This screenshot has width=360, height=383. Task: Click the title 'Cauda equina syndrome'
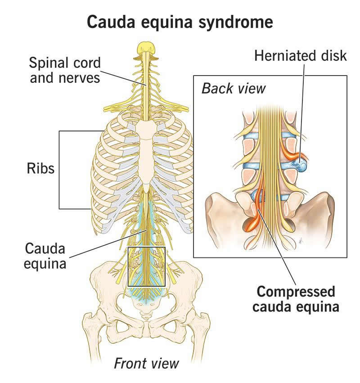tap(180, 21)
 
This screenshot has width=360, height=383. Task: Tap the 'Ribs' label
tap(40, 169)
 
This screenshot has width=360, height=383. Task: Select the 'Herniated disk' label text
tap(301, 56)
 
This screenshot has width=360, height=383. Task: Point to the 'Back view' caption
tap(234, 88)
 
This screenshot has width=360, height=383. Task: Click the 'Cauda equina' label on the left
tap(45, 255)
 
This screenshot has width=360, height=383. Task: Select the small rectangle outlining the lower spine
tap(147, 266)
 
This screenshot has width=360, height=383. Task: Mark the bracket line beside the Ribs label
tap(60, 170)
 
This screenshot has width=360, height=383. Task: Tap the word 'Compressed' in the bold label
tap(296, 292)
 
